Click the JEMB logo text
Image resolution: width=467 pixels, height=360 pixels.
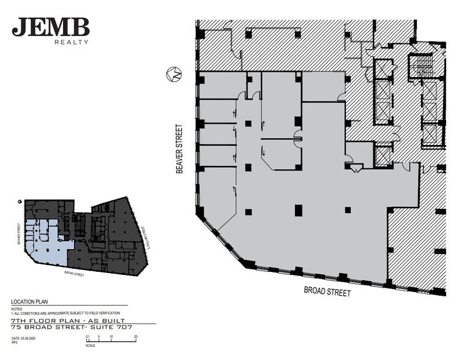click(51, 28)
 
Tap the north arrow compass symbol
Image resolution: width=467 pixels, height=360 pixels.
click(174, 75)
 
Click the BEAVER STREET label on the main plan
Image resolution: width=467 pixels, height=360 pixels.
click(179, 149)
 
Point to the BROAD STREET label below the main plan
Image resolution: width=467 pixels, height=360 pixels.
click(327, 291)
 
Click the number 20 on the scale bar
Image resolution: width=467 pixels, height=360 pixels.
click(135, 337)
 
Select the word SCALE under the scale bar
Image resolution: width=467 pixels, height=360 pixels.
click(90, 345)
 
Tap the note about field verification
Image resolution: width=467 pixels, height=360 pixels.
click(59, 312)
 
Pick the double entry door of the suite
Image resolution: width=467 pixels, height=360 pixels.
click(356, 167)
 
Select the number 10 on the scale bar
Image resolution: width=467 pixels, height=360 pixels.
click(110, 337)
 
